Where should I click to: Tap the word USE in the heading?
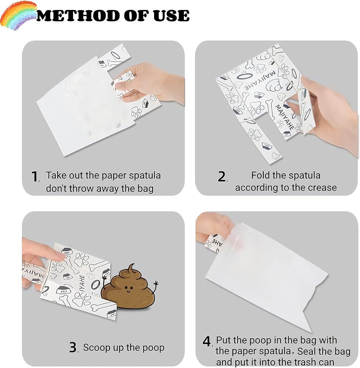(x=171, y=16)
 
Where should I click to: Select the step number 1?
(x=35, y=177)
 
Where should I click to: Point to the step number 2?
(x=222, y=177)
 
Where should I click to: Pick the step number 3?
(x=73, y=347)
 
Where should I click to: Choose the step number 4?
(x=207, y=342)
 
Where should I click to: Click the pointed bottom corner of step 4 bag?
(x=311, y=332)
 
